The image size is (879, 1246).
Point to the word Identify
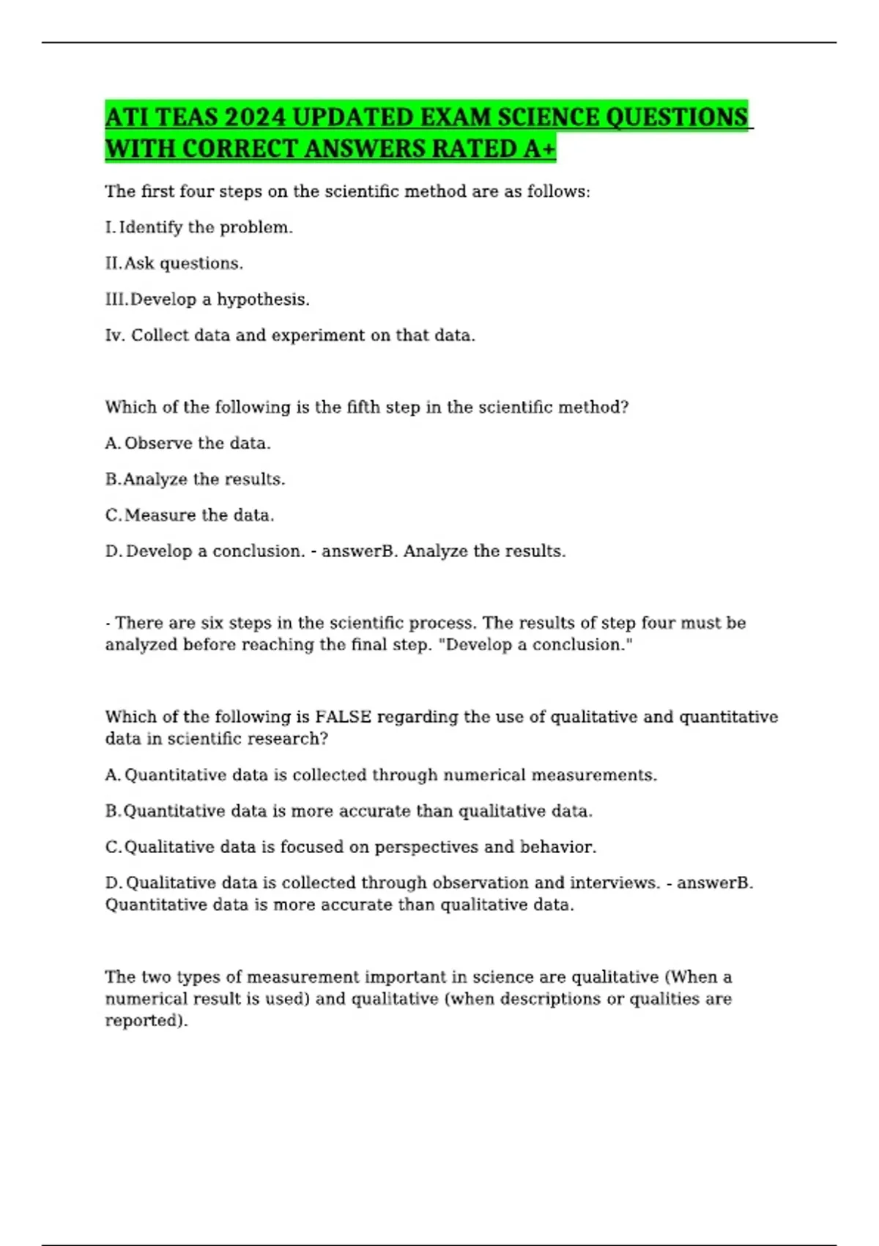[x=151, y=227]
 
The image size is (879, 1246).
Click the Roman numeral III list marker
[x=116, y=299]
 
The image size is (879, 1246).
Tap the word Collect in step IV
[x=155, y=335]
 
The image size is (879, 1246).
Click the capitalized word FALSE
[x=343, y=716]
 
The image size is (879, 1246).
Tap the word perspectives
[x=426, y=847]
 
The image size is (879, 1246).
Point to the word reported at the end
[x=146, y=1020]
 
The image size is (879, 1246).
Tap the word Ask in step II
[x=139, y=263]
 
